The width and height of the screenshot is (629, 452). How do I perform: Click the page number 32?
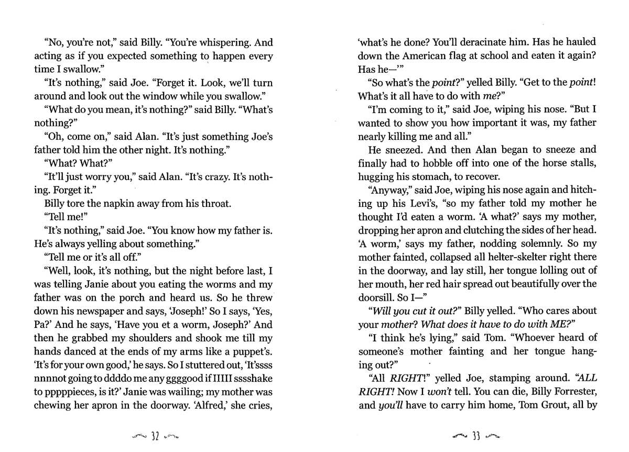point(155,436)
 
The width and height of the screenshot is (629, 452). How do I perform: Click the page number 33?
point(476,436)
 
